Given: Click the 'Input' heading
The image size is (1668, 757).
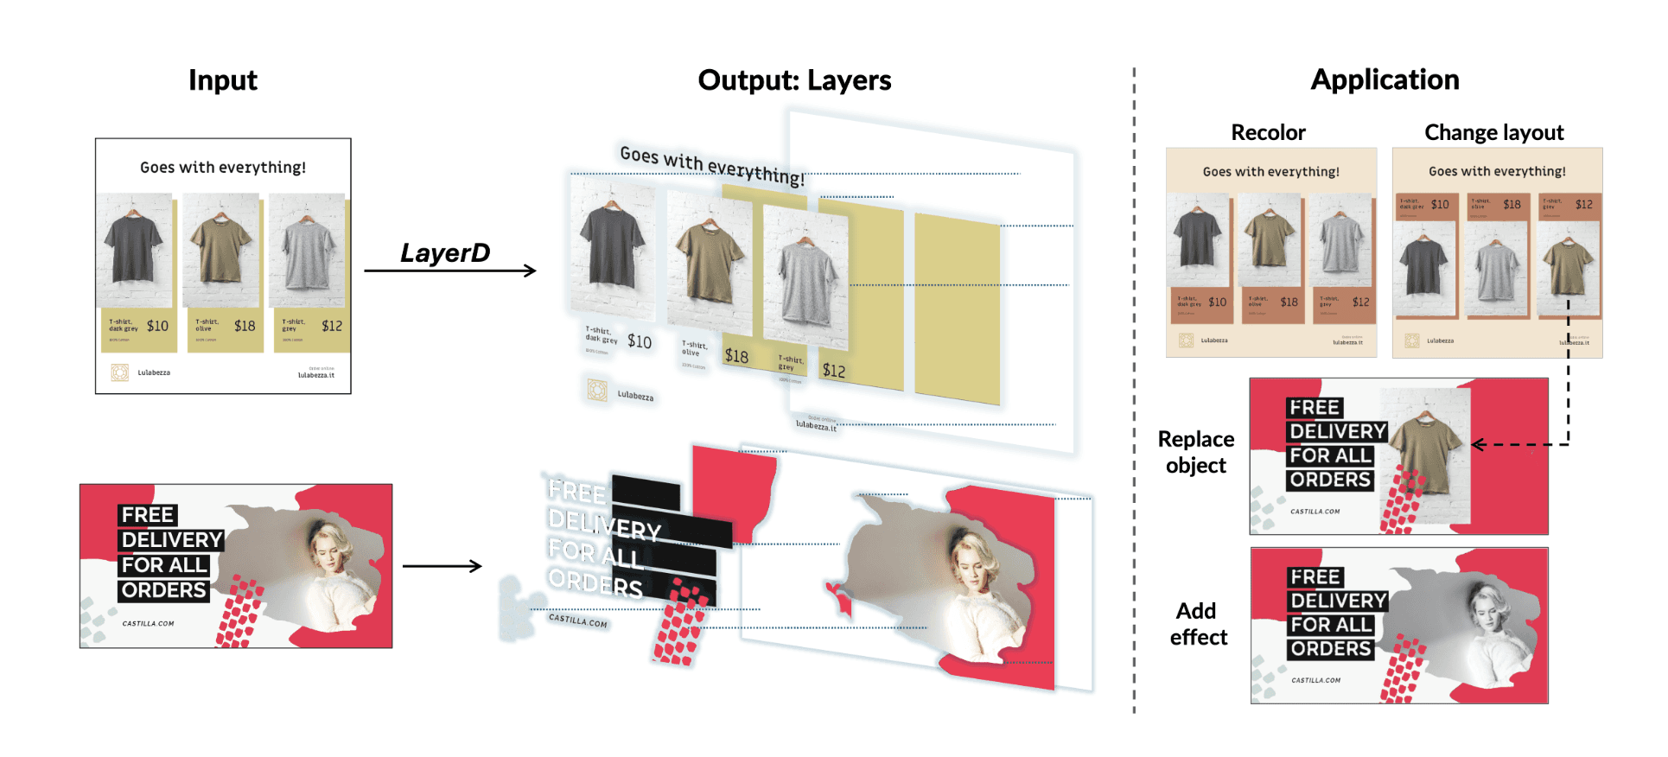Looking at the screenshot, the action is click(223, 80).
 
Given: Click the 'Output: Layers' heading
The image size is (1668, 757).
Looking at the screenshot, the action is click(794, 80).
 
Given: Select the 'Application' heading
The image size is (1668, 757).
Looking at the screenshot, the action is click(1385, 80).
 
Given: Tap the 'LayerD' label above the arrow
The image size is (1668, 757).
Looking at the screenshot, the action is click(445, 252).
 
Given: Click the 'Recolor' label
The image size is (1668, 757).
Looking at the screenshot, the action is click(1268, 132).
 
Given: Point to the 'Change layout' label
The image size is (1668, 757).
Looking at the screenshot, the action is click(1493, 132).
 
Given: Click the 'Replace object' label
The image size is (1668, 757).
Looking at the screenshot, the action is click(1196, 452).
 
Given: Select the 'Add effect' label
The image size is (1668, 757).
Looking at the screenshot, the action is click(1198, 624).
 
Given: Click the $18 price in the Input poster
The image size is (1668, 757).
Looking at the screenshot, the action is click(245, 326).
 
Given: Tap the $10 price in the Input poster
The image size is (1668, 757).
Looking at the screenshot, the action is click(157, 326).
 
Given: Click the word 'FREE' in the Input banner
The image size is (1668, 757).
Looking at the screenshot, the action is click(148, 515).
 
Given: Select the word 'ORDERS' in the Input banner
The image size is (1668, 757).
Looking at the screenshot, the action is click(163, 590).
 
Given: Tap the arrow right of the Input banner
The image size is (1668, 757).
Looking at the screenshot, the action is click(442, 566).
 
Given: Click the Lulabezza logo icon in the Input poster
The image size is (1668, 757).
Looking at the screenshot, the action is click(119, 372).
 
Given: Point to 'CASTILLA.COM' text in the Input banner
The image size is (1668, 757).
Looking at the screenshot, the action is click(148, 623).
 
